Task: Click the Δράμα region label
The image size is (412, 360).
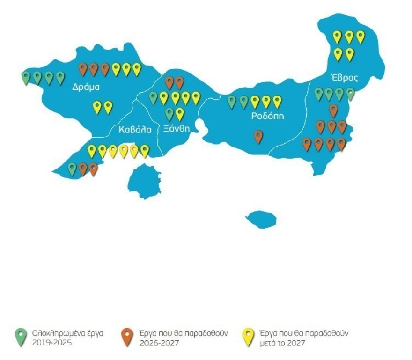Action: [86, 88]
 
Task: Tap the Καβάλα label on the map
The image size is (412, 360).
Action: [135, 130]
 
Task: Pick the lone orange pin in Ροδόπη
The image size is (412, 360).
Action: [258, 136]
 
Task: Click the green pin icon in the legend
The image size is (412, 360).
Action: [20, 337]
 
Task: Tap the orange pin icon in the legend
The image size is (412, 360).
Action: [127, 337]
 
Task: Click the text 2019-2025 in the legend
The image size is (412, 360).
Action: [51, 343]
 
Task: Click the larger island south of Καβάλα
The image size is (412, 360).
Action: [142, 180]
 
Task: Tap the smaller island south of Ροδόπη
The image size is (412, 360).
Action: [261, 219]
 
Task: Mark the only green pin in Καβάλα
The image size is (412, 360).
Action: [72, 169]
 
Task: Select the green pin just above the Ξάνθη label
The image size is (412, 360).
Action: [169, 114]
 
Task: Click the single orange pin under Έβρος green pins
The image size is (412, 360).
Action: [333, 110]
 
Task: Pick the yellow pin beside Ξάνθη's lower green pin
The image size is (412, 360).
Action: [179, 114]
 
